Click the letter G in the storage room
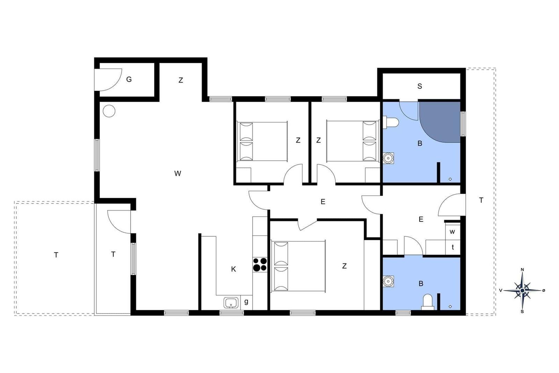pyautogui.click(x=129, y=79)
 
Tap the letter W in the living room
pyautogui.click(x=178, y=173)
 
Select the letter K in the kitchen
pyautogui.click(x=233, y=269)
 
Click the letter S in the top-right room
pyautogui.click(x=420, y=86)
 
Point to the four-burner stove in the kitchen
pyautogui.click(x=260, y=265)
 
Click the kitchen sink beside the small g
pyautogui.click(x=231, y=303)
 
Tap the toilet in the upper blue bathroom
pyautogui.click(x=391, y=122)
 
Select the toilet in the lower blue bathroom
pyautogui.click(x=428, y=302)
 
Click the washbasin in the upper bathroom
pyautogui.click(x=388, y=158)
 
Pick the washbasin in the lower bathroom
pyautogui.click(x=388, y=281)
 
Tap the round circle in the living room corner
pyautogui.click(x=109, y=111)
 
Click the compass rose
pyautogui.click(x=522, y=290)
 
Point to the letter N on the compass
pyautogui.click(x=522, y=270)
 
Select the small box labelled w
pyautogui.click(x=453, y=232)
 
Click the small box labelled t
pyautogui.click(x=453, y=248)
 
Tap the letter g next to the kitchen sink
pyautogui.click(x=246, y=302)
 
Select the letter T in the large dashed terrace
pyautogui.click(x=56, y=255)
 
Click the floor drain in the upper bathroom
pyautogui.click(x=450, y=179)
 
